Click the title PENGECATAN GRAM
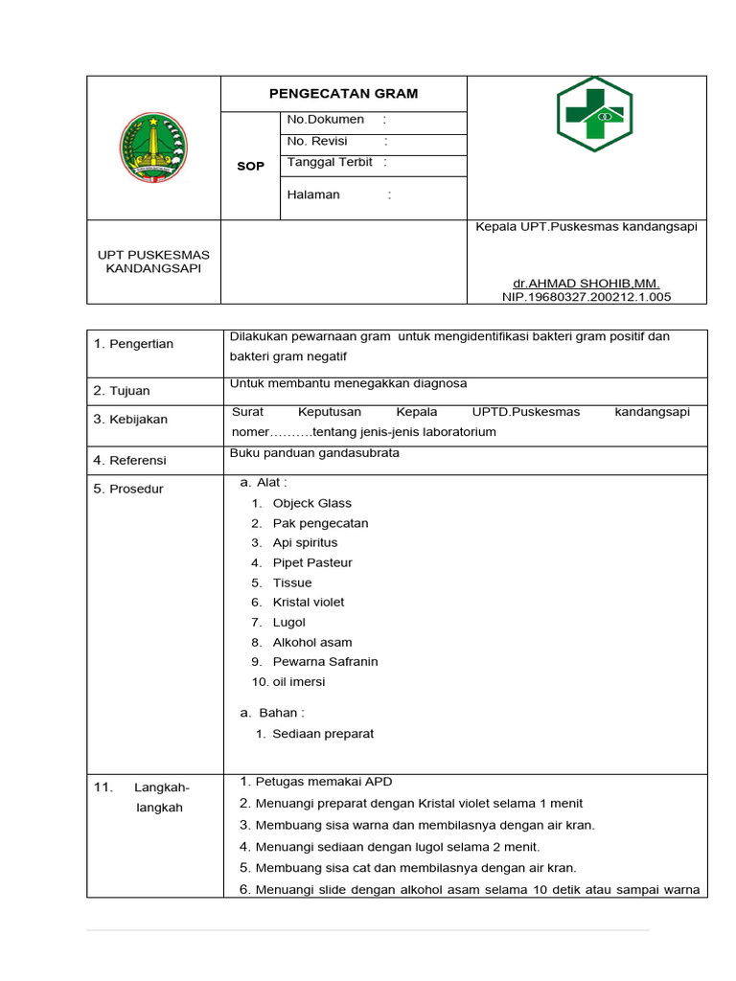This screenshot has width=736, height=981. (x=343, y=94)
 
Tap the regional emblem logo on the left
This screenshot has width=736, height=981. (x=153, y=148)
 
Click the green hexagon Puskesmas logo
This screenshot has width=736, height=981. (x=594, y=114)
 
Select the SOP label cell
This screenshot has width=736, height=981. (x=250, y=166)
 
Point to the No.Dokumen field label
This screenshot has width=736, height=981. (x=326, y=120)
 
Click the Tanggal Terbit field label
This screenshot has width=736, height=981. (x=331, y=163)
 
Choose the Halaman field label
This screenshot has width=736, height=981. (x=313, y=194)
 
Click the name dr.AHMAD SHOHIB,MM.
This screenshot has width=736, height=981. (x=586, y=284)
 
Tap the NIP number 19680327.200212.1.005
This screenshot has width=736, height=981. (x=586, y=297)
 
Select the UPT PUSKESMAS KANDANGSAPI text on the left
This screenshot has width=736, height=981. (x=153, y=262)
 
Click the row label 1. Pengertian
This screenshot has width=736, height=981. (x=133, y=344)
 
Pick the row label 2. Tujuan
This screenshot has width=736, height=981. (x=122, y=391)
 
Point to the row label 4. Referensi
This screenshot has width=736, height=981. (x=129, y=460)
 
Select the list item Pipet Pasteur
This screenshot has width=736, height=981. (x=312, y=562)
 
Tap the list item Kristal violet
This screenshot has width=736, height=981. (x=308, y=603)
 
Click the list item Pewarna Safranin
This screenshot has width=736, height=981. (x=325, y=662)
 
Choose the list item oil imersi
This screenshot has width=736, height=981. (x=298, y=682)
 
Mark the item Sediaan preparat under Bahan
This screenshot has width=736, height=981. (x=323, y=734)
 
